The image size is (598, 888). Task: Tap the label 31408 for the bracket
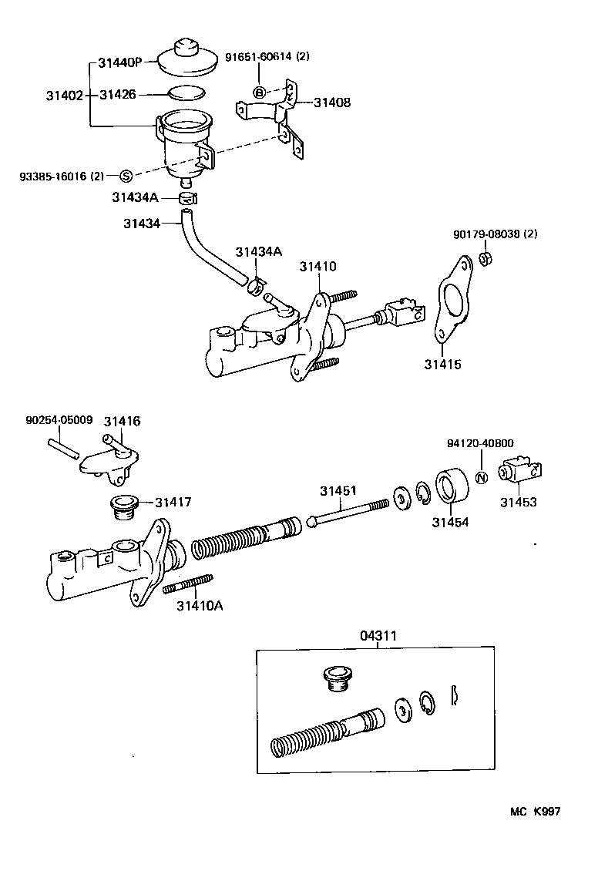[331, 101]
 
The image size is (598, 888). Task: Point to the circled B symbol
[260, 92]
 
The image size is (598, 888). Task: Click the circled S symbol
[126, 176]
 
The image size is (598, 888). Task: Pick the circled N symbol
[480, 477]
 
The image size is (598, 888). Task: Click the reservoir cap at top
[187, 59]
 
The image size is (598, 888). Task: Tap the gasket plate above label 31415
[451, 309]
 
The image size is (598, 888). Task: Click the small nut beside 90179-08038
[486, 258]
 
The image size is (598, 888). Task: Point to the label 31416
[123, 421]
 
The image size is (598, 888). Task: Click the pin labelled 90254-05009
[62, 449]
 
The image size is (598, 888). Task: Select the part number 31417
[173, 502]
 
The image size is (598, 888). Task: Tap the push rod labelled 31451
[347, 512]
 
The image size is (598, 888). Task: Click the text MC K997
[535, 812]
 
